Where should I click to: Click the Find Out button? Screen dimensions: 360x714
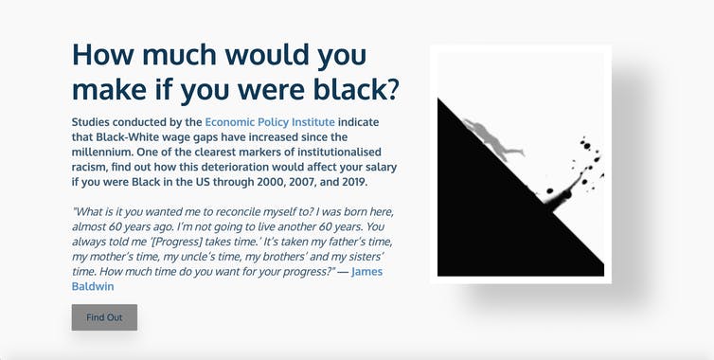[x=104, y=317]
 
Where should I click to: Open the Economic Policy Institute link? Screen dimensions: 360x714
[x=270, y=122]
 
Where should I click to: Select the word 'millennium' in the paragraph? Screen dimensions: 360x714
[x=105, y=153]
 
